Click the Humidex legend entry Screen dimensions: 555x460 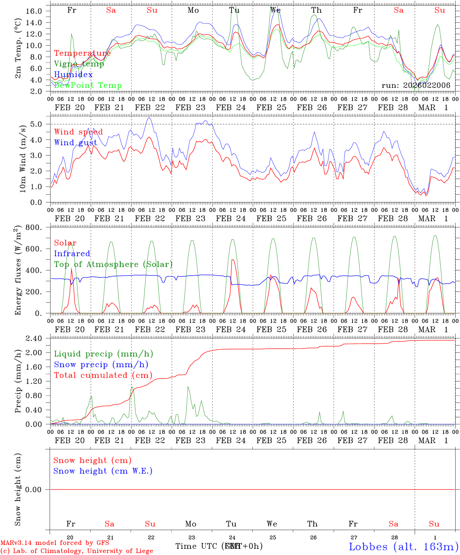pyautogui.click(x=73, y=74)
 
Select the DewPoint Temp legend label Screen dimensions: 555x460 pyautogui.click(x=88, y=85)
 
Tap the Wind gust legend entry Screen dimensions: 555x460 pyautogui.click(x=76, y=143)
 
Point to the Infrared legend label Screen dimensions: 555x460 pyautogui.click(x=72, y=254)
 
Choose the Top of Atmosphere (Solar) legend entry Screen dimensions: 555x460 pyautogui.click(x=113, y=264)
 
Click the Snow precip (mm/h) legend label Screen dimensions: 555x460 pyautogui.click(x=101, y=365)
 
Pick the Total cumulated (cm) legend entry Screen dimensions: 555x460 pyautogui.click(x=103, y=375)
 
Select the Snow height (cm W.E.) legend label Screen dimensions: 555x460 pyautogui.click(x=103, y=471)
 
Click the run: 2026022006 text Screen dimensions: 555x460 pyautogui.click(x=416, y=86)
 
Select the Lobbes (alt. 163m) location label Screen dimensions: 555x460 pyautogui.click(x=403, y=546)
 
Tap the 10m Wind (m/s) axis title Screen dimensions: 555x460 pyautogui.click(x=23, y=158)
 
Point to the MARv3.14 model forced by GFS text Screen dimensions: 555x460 pyautogui.click(x=55, y=543)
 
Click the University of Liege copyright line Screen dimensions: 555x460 pyautogui.click(x=77, y=551)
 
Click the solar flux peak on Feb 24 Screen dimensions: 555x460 pyautogui.click(x=233, y=260)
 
